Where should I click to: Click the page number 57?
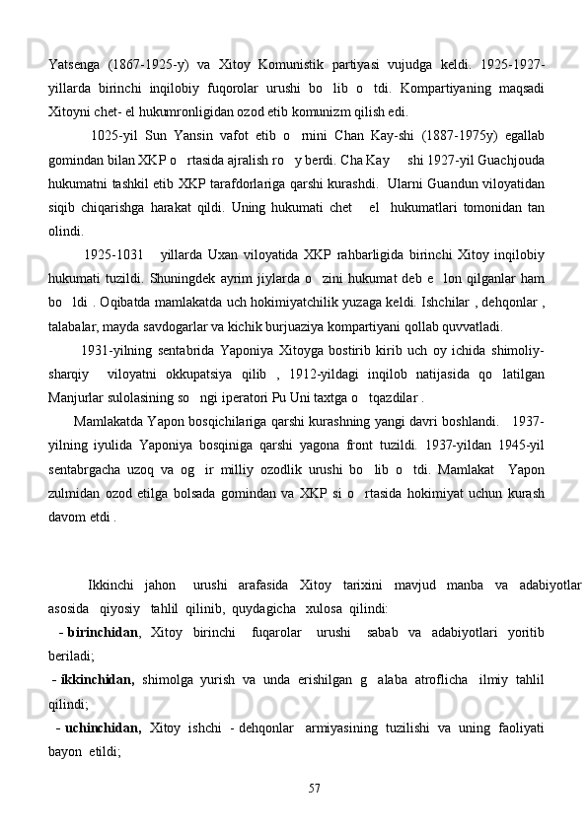point(315,788)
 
